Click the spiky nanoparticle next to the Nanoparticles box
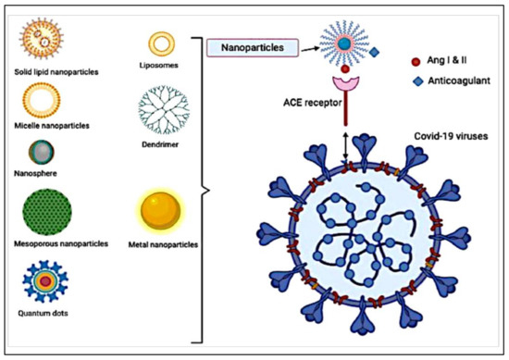(344, 43)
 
